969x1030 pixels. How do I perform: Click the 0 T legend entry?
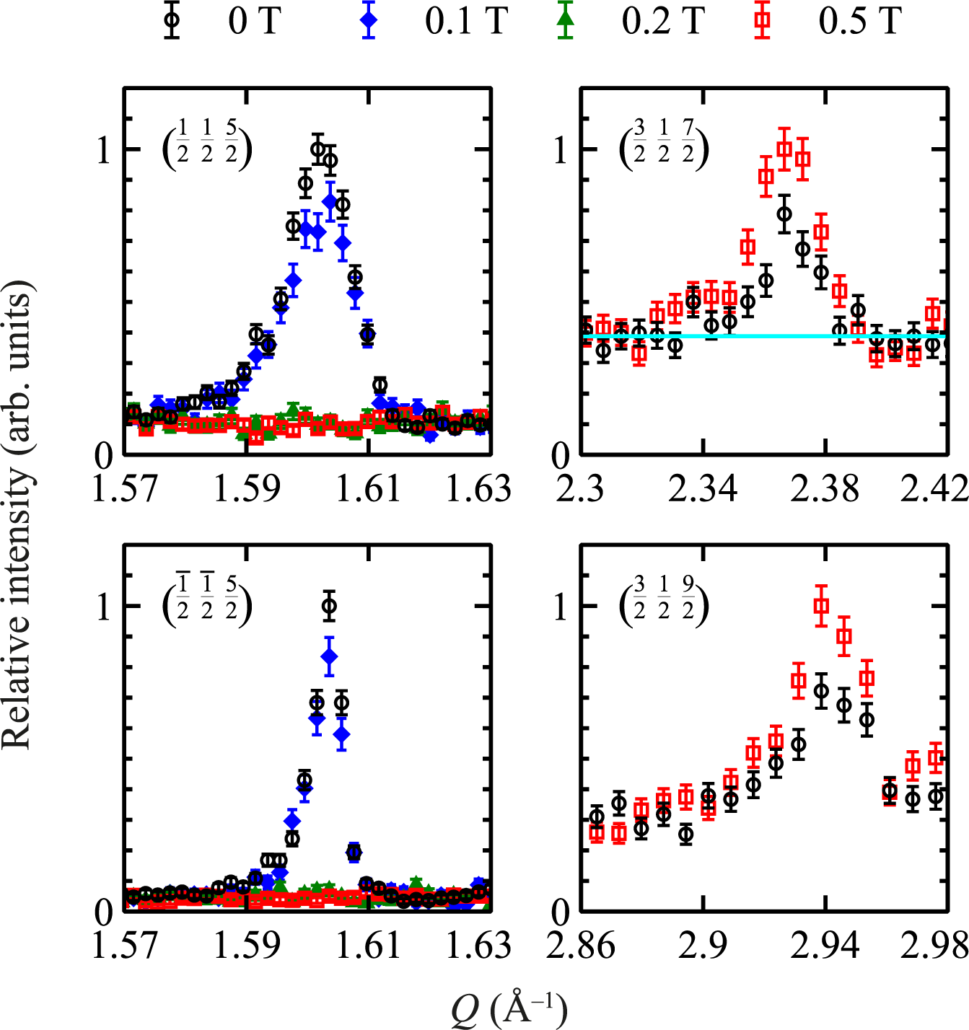[224, 20]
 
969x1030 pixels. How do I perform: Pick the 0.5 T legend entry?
[830, 20]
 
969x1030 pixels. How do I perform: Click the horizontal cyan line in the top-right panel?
[765, 336]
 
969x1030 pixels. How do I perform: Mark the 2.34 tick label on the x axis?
[703, 489]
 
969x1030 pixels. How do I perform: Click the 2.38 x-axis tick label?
[825, 489]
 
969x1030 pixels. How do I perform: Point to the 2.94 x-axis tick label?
[825, 946]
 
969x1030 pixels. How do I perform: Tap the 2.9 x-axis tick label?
[703, 946]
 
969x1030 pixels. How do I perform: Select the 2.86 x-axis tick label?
[582, 946]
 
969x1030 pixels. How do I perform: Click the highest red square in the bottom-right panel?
[821, 606]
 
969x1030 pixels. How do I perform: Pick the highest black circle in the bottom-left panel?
[329, 606]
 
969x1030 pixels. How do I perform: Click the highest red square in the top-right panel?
[784, 149]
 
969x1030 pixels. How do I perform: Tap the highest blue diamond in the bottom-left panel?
[329, 656]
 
